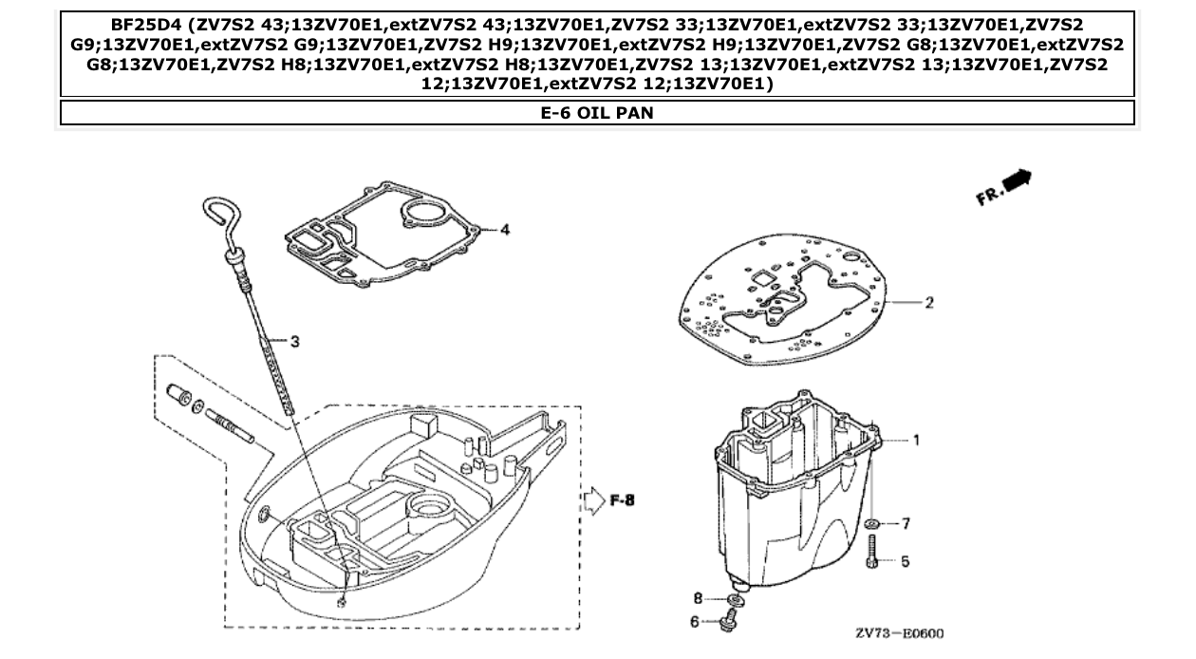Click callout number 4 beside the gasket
point(506,231)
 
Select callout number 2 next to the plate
point(929,303)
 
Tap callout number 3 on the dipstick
point(295,341)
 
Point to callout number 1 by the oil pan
point(917,440)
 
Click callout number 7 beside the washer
point(906,523)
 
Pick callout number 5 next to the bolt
point(905,561)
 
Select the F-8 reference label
point(621,500)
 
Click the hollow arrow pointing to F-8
point(593,500)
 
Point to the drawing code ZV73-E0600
point(898,633)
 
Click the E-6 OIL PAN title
point(597,113)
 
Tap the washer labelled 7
point(872,523)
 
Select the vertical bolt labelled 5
point(871,552)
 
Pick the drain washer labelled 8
point(734,601)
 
